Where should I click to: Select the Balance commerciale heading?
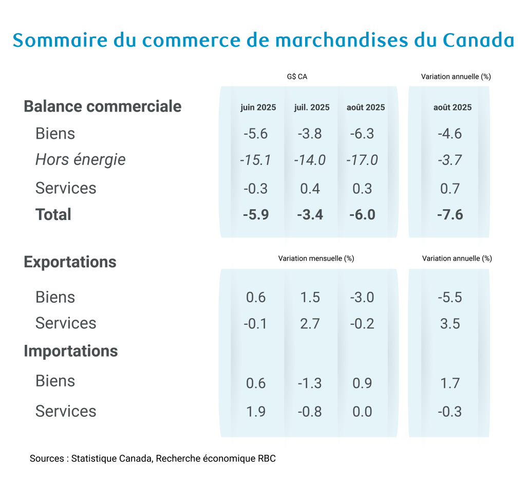coord(103,106)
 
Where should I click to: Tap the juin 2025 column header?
coord(258,107)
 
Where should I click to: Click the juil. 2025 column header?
coord(312,107)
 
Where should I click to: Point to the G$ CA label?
coord(297,77)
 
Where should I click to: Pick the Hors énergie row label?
coord(80,159)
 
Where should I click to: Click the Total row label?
coord(53,214)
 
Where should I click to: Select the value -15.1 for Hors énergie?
coord(256,160)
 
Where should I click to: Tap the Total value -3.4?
coord(310,214)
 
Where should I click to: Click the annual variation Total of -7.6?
coord(450,214)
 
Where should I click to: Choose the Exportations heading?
coord(70,262)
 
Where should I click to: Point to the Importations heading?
coord(71,351)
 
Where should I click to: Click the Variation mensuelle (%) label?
coord(316,259)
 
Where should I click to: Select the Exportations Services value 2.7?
coord(310,323)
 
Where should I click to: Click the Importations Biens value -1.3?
coord(310,383)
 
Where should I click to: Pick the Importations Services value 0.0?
coord(362,411)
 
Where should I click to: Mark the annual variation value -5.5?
coord(450,297)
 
